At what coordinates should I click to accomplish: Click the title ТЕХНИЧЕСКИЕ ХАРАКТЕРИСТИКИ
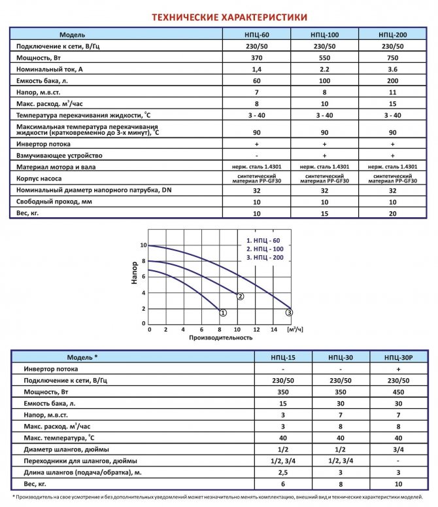[219, 17]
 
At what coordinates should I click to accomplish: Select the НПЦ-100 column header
[325, 34]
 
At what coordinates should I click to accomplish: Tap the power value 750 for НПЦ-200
[392, 58]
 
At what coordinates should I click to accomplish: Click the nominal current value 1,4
[256, 69]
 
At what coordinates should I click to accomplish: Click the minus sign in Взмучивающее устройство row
[256, 156]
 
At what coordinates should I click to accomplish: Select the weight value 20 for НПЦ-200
[392, 213]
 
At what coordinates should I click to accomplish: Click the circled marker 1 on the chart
[223, 313]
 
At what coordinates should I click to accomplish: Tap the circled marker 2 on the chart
[241, 297]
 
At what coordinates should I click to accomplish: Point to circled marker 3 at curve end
[290, 313]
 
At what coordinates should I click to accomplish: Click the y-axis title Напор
[135, 273]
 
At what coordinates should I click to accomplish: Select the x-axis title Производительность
[220, 338]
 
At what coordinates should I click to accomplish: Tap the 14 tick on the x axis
[275, 330]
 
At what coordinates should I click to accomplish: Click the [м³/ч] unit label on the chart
[295, 329]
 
